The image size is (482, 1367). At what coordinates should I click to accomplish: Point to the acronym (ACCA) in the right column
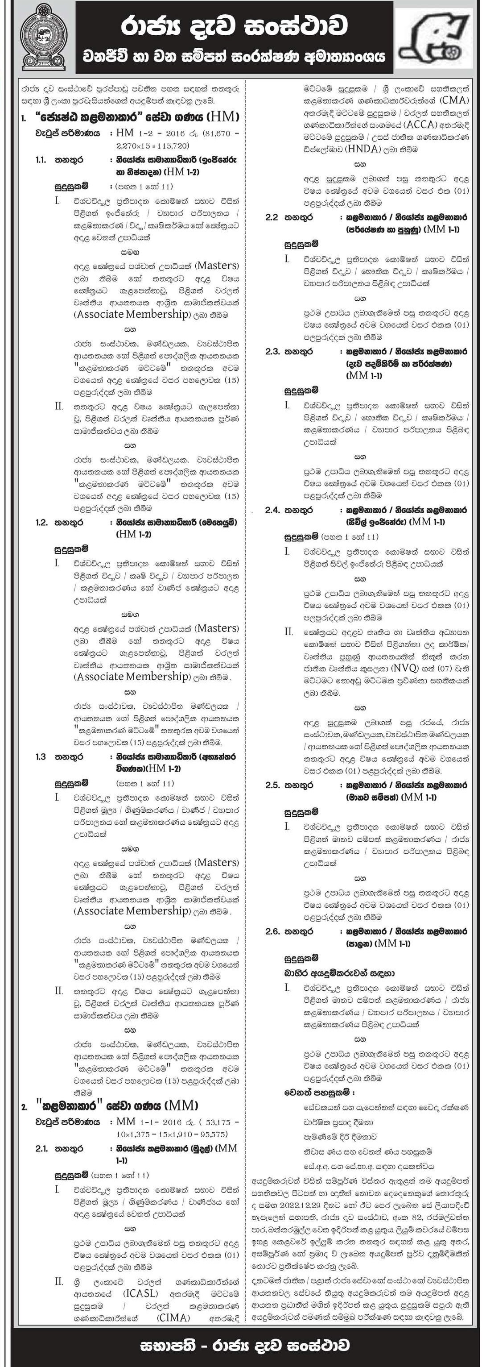tap(418, 125)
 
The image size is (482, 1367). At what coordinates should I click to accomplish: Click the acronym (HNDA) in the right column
tap(362, 149)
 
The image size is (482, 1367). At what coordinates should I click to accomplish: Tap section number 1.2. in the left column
tap(41, 523)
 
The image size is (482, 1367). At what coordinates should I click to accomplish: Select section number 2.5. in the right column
tap(272, 785)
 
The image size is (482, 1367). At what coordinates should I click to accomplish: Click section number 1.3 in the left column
tap(41, 757)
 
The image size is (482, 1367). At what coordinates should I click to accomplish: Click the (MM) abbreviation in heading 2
tap(182, 1106)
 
